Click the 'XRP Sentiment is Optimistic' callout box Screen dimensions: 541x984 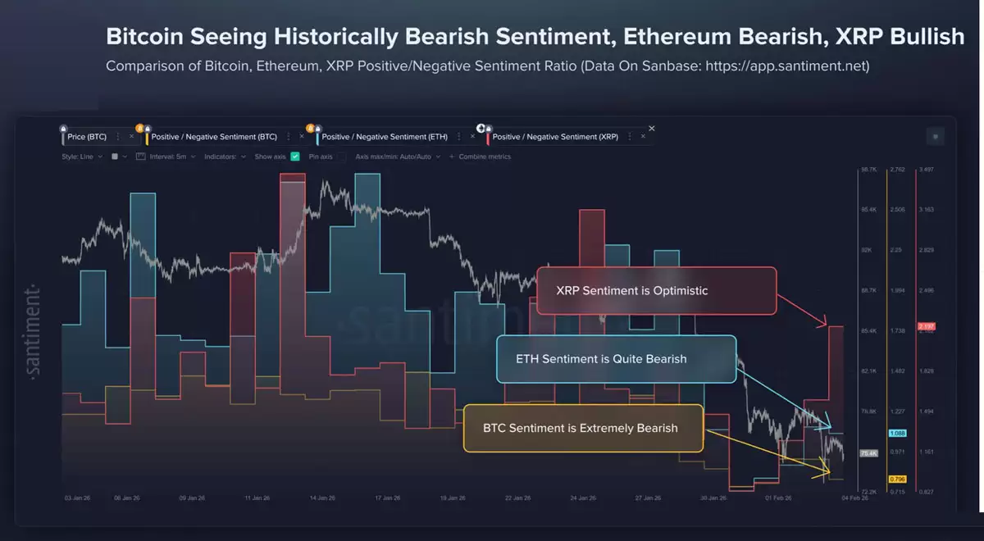pos(656,291)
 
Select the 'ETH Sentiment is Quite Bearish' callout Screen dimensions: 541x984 pos(616,359)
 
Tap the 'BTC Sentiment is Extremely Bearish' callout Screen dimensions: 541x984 pos(583,428)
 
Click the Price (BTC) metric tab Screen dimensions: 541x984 pos(87,137)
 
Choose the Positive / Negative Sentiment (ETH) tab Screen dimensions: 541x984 pos(384,137)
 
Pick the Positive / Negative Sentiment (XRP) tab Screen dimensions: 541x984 pos(555,137)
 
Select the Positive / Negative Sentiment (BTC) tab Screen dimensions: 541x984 pos(214,137)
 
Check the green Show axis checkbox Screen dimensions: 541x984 pos(295,157)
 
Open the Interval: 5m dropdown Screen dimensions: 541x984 pos(173,157)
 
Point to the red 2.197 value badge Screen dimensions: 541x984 pos(927,328)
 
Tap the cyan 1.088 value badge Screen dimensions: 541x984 pos(896,433)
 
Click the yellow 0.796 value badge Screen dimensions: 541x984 pos(896,479)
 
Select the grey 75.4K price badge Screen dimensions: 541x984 pos(868,453)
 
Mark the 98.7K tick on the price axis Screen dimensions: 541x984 pos(868,170)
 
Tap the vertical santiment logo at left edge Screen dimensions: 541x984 pos(34,332)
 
